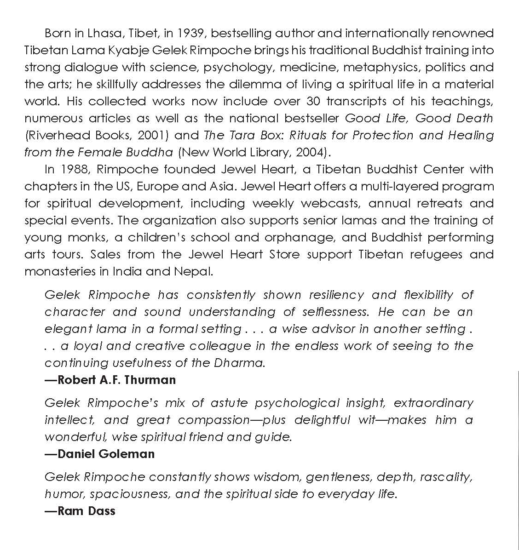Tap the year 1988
(x=75, y=169)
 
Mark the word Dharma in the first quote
(x=239, y=362)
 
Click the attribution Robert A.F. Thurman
(x=110, y=380)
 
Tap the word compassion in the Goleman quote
(x=214, y=420)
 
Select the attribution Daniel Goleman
(x=100, y=454)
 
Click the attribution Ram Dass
(x=80, y=511)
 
